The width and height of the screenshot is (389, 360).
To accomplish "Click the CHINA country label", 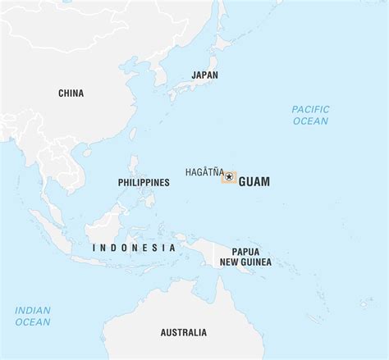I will point(71,93).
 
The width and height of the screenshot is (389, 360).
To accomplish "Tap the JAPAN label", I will point(204,75).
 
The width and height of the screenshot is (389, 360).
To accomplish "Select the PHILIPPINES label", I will point(144,182).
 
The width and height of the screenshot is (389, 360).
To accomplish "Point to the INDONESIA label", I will point(134,248).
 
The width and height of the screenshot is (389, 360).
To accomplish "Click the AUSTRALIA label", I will point(184,332).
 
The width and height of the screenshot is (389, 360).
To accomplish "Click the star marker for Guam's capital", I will point(228,177).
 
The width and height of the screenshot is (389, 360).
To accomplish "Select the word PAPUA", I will point(247,252).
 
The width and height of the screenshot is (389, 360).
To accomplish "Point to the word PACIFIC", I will point(311,109).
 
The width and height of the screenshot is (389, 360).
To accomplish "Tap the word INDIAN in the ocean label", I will point(33,310).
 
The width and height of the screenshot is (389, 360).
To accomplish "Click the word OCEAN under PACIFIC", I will point(311,121).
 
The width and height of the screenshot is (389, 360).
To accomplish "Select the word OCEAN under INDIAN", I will point(33,322).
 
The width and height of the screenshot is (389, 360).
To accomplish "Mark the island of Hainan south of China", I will point(85,153).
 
